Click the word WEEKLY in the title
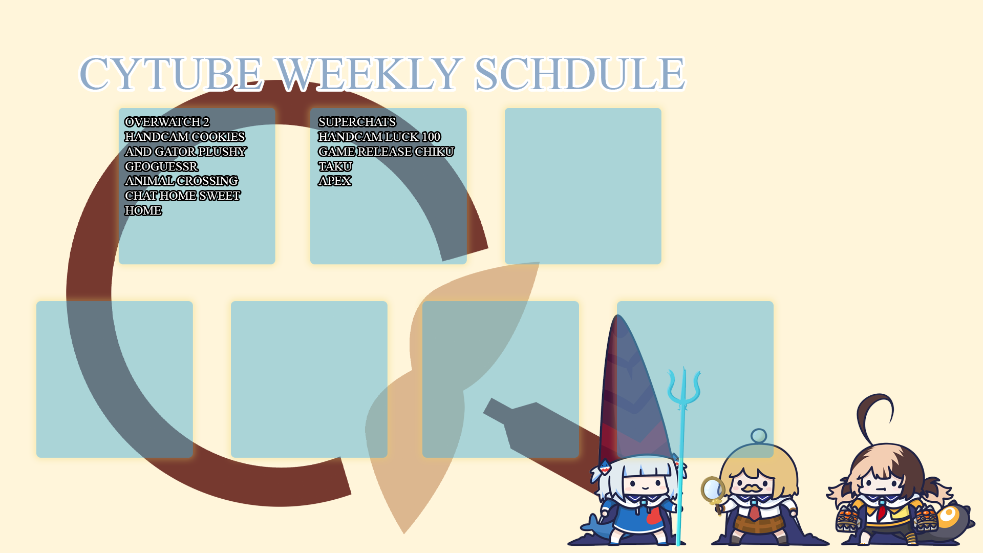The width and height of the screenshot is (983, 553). click(x=369, y=73)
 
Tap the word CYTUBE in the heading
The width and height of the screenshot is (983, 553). click(x=171, y=73)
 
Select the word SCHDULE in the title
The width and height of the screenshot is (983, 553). click(x=580, y=73)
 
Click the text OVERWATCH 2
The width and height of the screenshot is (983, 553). click(x=167, y=122)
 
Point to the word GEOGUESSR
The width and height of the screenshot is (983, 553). click(x=161, y=166)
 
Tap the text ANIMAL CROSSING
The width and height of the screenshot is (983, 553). click(x=181, y=181)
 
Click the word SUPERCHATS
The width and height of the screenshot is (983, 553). click(x=357, y=122)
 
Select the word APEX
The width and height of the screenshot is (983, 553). click(x=335, y=181)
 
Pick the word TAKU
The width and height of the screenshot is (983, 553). click(x=335, y=166)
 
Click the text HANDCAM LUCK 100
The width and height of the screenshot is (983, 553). click(x=379, y=137)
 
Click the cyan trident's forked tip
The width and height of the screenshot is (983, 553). click(x=684, y=387)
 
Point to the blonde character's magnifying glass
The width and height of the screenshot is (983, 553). click(x=713, y=490)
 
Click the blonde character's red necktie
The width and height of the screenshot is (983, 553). click(x=755, y=511)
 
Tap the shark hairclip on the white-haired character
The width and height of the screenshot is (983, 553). click(x=605, y=466)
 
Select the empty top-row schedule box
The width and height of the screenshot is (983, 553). click(x=583, y=186)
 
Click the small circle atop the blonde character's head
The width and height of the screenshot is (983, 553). click(x=759, y=436)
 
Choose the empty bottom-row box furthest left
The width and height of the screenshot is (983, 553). click(x=115, y=379)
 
